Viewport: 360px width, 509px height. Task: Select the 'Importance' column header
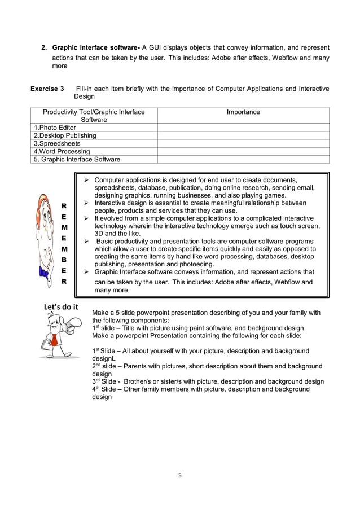point(243,112)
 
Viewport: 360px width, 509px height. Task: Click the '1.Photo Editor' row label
point(55,128)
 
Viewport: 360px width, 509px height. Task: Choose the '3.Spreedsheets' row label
point(57,143)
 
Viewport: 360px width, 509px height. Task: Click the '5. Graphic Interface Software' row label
point(77,159)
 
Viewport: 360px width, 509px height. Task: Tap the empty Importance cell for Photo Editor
point(243,128)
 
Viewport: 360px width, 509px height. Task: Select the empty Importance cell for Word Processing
point(243,151)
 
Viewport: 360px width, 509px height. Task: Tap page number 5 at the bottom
point(180,475)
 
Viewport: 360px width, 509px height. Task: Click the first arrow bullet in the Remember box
point(87,179)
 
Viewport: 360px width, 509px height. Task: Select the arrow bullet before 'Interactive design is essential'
point(87,203)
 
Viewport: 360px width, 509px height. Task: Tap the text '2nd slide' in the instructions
point(104,366)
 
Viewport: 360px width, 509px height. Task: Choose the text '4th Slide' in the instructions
point(104,389)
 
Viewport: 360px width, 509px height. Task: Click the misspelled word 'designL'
point(104,358)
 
